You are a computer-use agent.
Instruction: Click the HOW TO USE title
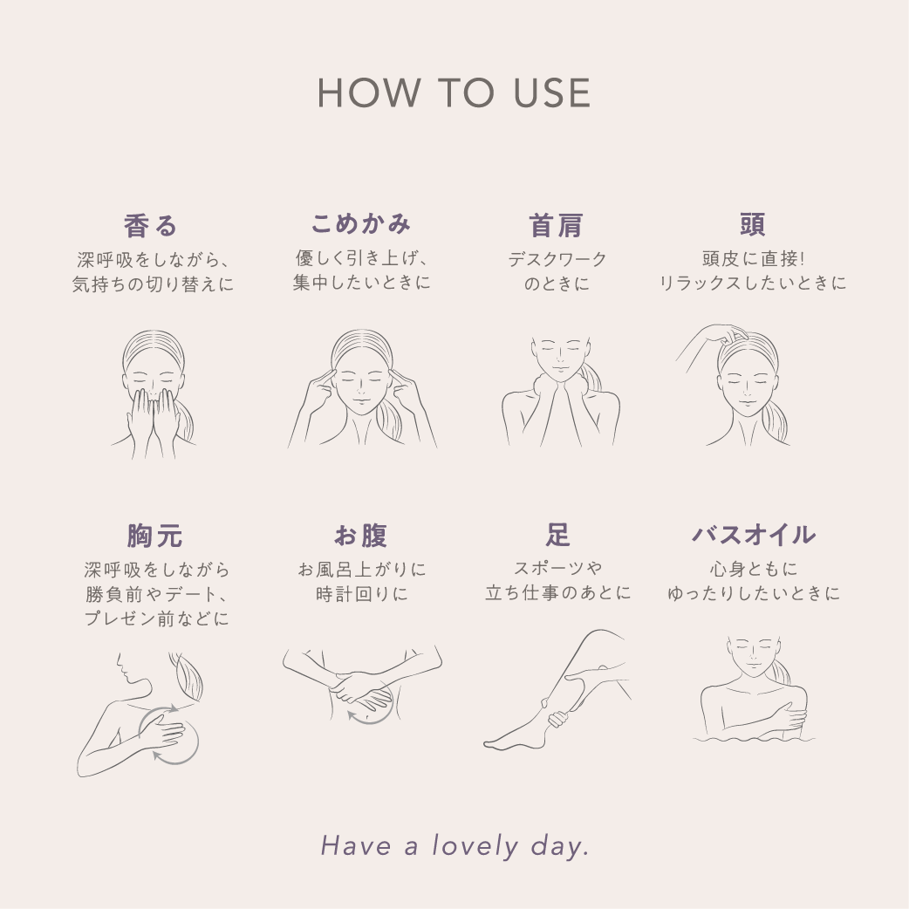click(x=454, y=93)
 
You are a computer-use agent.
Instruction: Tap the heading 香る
click(x=152, y=225)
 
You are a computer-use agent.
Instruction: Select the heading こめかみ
click(x=360, y=223)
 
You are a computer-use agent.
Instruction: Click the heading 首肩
click(x=557, y=225)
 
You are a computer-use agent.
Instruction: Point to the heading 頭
click(x=752, y=224)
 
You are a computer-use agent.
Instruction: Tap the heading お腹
click(x=360, y=536)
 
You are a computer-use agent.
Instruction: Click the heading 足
click(x=557, y=535)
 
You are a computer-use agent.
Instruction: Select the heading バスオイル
click(x=753, y=535)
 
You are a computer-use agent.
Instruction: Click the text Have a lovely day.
click(x=454, y=845)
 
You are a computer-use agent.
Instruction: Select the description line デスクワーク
click(x=557, y=260)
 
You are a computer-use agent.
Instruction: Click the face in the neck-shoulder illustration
click(x=559, y=353)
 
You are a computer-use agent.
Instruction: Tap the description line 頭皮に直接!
click(x=752, y=259)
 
